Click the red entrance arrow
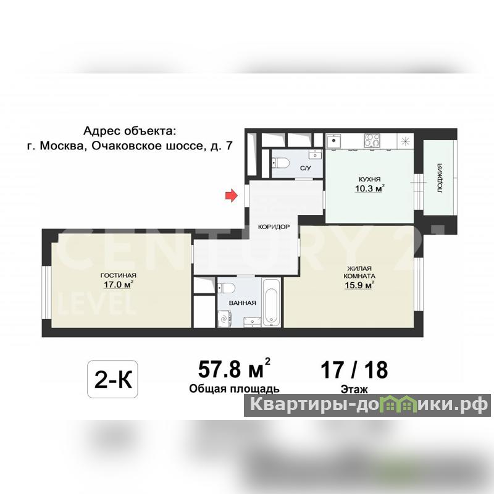click(231, 196)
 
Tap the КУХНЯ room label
click(369, 179)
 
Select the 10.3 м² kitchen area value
click(369, 188)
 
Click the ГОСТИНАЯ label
click(118, 275)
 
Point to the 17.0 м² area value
click(118, 285)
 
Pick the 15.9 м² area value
click(359, 285)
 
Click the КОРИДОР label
click(274, 227)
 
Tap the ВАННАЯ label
click(243, 303)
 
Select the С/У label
click(305, 168)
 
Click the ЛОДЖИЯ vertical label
click(440, 178)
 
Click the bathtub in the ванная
click(271, 303)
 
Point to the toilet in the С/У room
click(281, 163)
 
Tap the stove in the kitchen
click(372, 141)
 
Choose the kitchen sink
click(333, 141)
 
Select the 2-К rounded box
click(112, 379)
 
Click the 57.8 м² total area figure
click(234, 369)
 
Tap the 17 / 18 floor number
click(354, 370)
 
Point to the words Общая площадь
click(234, 389)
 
